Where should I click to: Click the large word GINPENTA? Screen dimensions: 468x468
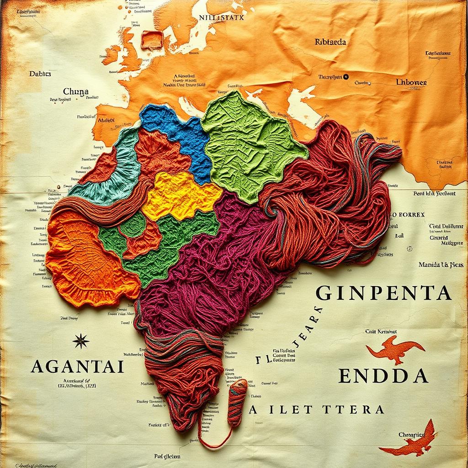[383, 293]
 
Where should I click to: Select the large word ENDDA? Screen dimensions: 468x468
[383, 375]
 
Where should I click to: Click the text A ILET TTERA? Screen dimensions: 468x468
[316, 409]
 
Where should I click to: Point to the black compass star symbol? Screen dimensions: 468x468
[81, 340]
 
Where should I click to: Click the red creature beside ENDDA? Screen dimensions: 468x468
[394, 349]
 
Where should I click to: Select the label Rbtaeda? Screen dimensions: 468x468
[330, 42]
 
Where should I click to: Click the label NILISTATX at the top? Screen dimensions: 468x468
[222, 18]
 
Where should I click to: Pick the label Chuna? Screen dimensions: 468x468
[75, 91]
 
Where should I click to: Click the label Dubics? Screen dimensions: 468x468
[40, 74]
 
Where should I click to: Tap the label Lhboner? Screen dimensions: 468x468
[411, 83]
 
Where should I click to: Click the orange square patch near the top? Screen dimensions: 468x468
[152, 40]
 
